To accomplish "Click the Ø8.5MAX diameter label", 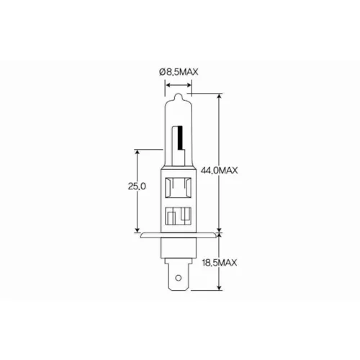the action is (179, 72).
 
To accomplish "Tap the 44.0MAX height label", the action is (219, 171).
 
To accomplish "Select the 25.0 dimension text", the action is (137, 186).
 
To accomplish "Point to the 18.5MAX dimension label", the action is (220, 263).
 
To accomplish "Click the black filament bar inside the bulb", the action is (180, 137).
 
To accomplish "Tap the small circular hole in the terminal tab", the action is (178, 278).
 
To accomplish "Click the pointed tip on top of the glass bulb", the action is (178, 94).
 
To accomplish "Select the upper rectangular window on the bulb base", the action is (179, 188).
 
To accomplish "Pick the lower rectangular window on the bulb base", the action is (179, 216).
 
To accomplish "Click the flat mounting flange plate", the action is (178, 235).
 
